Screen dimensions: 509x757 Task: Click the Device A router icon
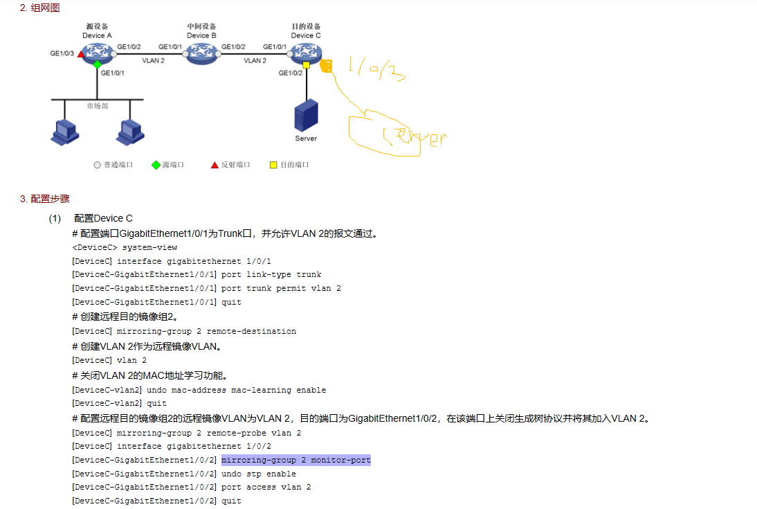coord(96,52)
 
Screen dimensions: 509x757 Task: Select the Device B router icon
coord(201,52)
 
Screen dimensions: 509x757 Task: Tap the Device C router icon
coord(305,52)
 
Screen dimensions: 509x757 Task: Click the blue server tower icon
coord(306,115)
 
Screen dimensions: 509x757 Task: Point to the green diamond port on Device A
coord(98,64)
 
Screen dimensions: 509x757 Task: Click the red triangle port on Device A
coord(81,53)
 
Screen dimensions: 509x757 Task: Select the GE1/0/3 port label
coord(62,53)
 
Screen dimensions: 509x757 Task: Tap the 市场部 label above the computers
coord(98,106)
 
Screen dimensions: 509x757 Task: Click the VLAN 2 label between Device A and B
coord(153,61)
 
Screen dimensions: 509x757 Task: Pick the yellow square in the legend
coord(273,165)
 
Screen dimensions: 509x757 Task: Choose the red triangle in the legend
coord(215,165)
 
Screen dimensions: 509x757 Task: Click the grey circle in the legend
coord(97,165)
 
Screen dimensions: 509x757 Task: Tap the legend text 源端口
coord(173,165)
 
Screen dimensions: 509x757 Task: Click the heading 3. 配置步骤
coord(45,199)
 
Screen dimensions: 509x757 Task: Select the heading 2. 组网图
coord(39,8)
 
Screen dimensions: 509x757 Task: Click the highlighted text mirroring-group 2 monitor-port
coord(296,460)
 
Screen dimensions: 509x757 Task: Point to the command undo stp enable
coord(259,474)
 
